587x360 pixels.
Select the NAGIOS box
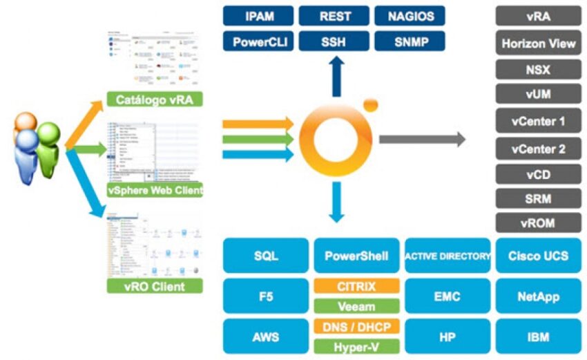tap(410, 16)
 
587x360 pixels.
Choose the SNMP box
tap(410, 41)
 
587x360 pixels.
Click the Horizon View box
tap(538, 44)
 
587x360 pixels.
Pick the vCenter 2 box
tap(538, 148)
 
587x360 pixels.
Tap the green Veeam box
tap(356, 305)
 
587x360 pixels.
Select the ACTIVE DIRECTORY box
tap(448, 256)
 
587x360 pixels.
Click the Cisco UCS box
tap(538, 256)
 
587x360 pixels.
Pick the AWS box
tap(265, 337)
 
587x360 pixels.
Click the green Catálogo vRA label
tap(155, 100)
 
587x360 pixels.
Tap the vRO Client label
tap(155, 285)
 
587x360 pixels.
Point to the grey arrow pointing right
tap(422, 139)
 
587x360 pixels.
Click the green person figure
tap(48, 146)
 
